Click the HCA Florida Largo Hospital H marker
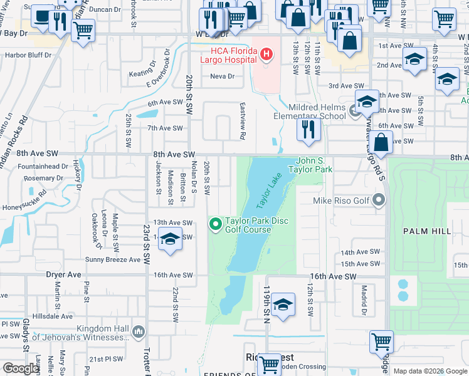point(266,55)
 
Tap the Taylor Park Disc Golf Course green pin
point(216,223)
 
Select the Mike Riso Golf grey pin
point(378,201)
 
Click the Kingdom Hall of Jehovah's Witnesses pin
point(139,330)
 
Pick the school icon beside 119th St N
point(283,306)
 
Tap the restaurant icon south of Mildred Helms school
point(308,130)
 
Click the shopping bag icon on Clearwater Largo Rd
point(381,143)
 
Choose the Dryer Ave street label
point(64,274)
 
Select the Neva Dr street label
point(222,76)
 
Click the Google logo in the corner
point(21,369)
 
